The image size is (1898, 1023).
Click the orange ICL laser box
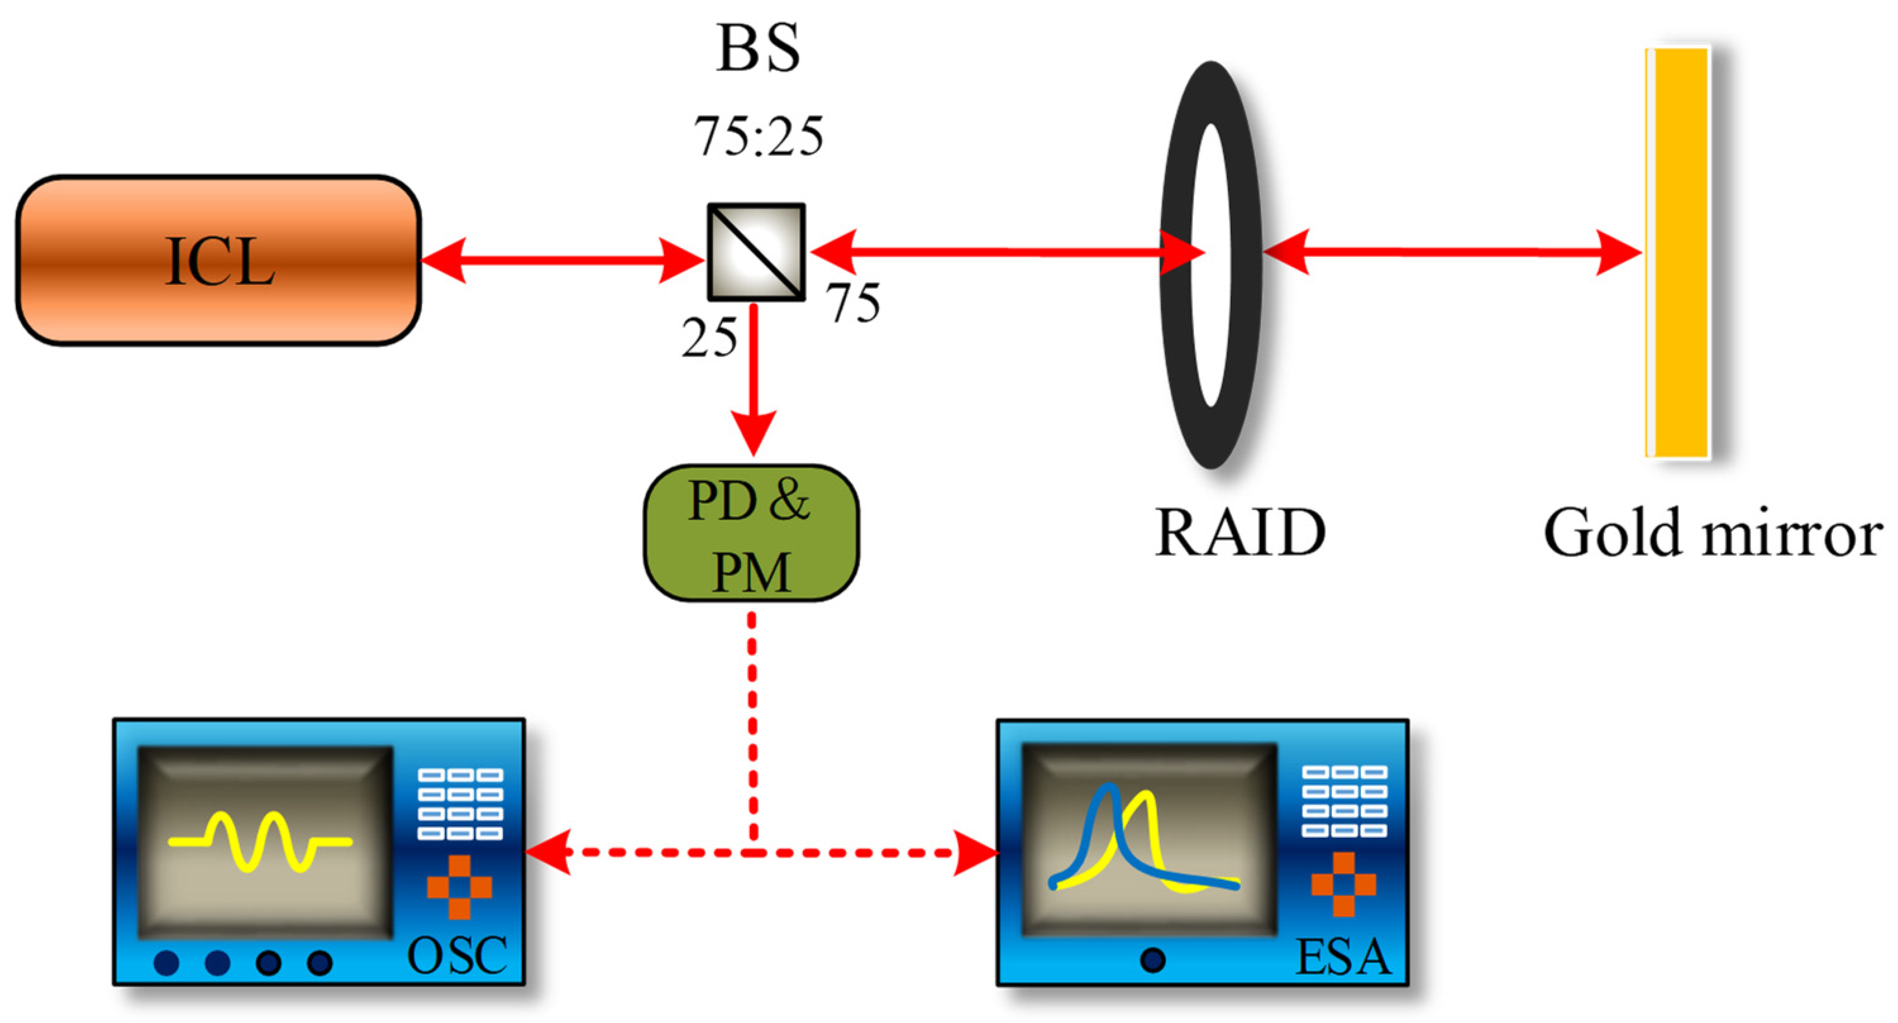[x=218, y=260]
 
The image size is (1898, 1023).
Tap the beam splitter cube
[x=756, y=252]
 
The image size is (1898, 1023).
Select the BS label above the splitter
[x=758, y=49]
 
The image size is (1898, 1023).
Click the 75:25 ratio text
[x=758, y=137]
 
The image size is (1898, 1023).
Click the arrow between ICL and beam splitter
[x=561, y=260]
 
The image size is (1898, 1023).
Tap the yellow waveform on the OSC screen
[x=259, y=841]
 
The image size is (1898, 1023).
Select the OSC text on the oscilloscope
[x=457, y=956]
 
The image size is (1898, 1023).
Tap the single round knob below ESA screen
[x=1152, y=960]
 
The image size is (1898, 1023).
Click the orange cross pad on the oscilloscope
[x=459, y=886]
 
